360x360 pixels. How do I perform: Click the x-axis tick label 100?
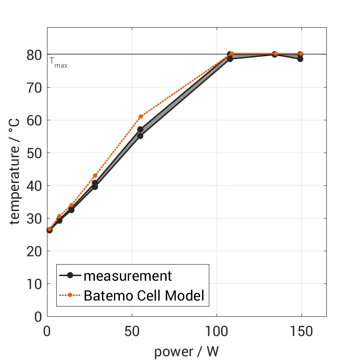[x=217, y=332]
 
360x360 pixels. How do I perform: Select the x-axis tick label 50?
[x=132, y=332]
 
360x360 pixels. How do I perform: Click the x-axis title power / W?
[x=186, y=351]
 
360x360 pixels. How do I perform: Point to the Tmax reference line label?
[x=59, y=62]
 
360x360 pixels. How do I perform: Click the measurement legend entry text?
[x=128, y=276]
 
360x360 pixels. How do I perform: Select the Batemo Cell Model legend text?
[x=144, y=295]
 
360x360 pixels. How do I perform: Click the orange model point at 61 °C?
[x=141, y=117]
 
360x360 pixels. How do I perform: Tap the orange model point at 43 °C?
[x=95, y=176]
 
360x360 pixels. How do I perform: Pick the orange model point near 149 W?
[x=301, y=54]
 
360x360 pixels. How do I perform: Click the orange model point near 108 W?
[x=231, y=54]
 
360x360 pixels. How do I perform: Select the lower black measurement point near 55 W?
[x=140, y=136]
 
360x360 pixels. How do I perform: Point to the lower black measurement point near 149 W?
[x=300, y=59]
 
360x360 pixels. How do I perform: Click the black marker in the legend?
[x=70, y=276]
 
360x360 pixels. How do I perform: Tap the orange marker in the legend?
[x=70, y=295]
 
